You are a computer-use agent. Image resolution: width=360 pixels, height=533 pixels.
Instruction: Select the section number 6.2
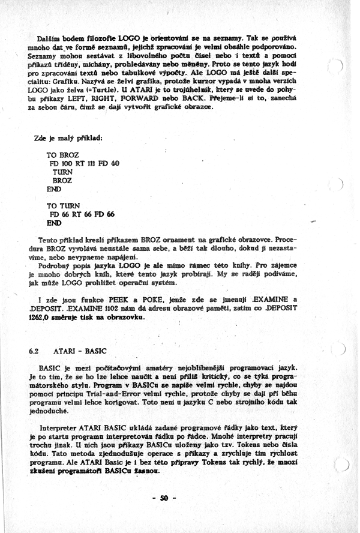[x=34, y=349]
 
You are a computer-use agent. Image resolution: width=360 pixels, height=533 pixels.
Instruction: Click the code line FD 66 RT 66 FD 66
[x=81, y=214]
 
